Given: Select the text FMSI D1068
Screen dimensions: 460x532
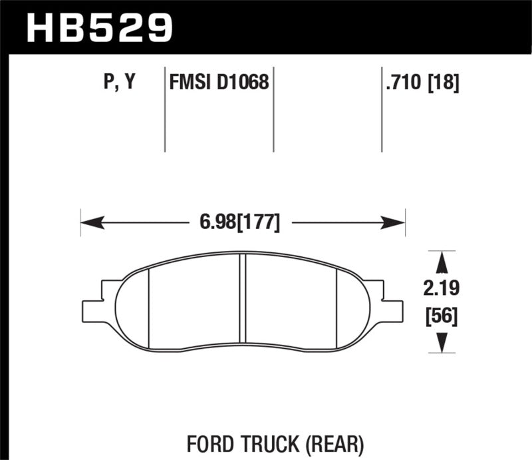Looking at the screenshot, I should click(219, 83).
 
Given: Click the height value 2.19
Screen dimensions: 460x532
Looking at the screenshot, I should click(440, 290).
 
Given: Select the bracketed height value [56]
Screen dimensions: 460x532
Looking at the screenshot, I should click(440, 318).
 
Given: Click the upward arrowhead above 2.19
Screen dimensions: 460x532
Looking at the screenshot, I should click(440, 262).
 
